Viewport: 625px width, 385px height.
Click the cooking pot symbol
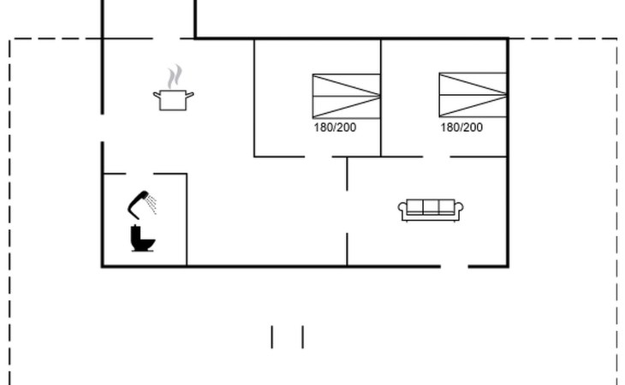point(173,100)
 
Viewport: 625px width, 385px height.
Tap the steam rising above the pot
point(176,76)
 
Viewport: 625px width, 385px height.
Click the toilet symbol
point(143,239)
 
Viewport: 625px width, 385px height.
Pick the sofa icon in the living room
point(432,210)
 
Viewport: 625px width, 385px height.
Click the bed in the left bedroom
point(346,96)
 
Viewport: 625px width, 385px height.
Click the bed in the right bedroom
point(473,96)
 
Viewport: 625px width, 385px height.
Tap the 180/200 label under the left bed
point(336,127)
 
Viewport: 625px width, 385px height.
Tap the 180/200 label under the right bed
point(461,127)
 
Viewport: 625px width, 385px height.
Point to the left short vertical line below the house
point(272,337)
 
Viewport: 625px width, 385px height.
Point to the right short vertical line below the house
point(302,337)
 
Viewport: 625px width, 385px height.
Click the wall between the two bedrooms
point(381,94)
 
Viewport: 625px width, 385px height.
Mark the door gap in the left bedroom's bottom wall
point(318,157)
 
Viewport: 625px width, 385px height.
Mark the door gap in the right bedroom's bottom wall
point(436,157)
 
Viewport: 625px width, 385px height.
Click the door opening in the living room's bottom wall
point(455,266)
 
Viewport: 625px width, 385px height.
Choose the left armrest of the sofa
point(403,210)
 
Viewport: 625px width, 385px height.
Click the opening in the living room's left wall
point(347,211)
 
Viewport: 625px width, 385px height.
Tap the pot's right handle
point(190,94)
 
